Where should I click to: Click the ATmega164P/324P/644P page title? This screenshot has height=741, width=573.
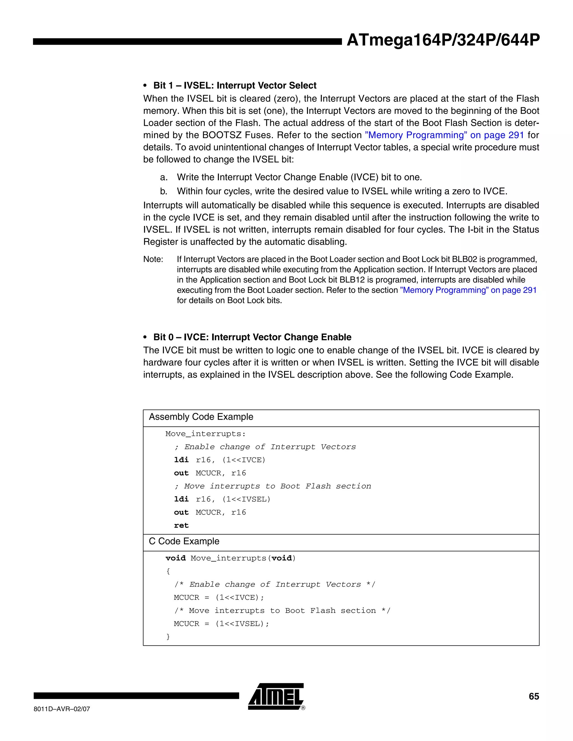tap(443, 40)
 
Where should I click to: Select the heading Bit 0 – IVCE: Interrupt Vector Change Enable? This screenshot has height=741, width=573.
tap(252, 337)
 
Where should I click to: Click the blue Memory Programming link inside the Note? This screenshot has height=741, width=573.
tap(468, 290)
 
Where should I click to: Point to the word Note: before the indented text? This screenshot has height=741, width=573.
tap(153, 259)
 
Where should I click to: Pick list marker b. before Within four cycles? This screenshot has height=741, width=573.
tap(164, 191)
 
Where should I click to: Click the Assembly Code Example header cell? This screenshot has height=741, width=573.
tap(201, 417)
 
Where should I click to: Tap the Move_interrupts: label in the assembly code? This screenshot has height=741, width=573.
tap(205, 434)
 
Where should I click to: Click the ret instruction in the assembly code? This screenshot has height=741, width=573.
tap(181, 526)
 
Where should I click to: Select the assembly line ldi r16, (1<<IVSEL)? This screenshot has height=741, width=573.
tap(222, 499)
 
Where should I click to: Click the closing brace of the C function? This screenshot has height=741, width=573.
tap(168, 637)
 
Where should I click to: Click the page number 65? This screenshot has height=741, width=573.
tap(534, 696)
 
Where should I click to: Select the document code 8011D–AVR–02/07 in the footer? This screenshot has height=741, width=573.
tap(62, 709)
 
